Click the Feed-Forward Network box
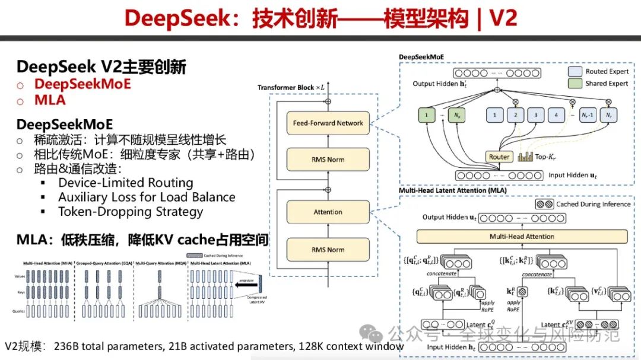point(328,123)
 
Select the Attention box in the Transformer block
point(328,212)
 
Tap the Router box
point(499,157)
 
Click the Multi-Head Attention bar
point(522,236)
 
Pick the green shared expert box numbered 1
point(426,113)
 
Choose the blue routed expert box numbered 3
point(535,113)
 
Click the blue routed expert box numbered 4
point(556,113)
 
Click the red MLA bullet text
point(50,100)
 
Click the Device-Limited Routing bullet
point(125,183)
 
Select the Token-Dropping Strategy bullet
point(131,211)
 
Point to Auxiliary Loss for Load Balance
point(147,197)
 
